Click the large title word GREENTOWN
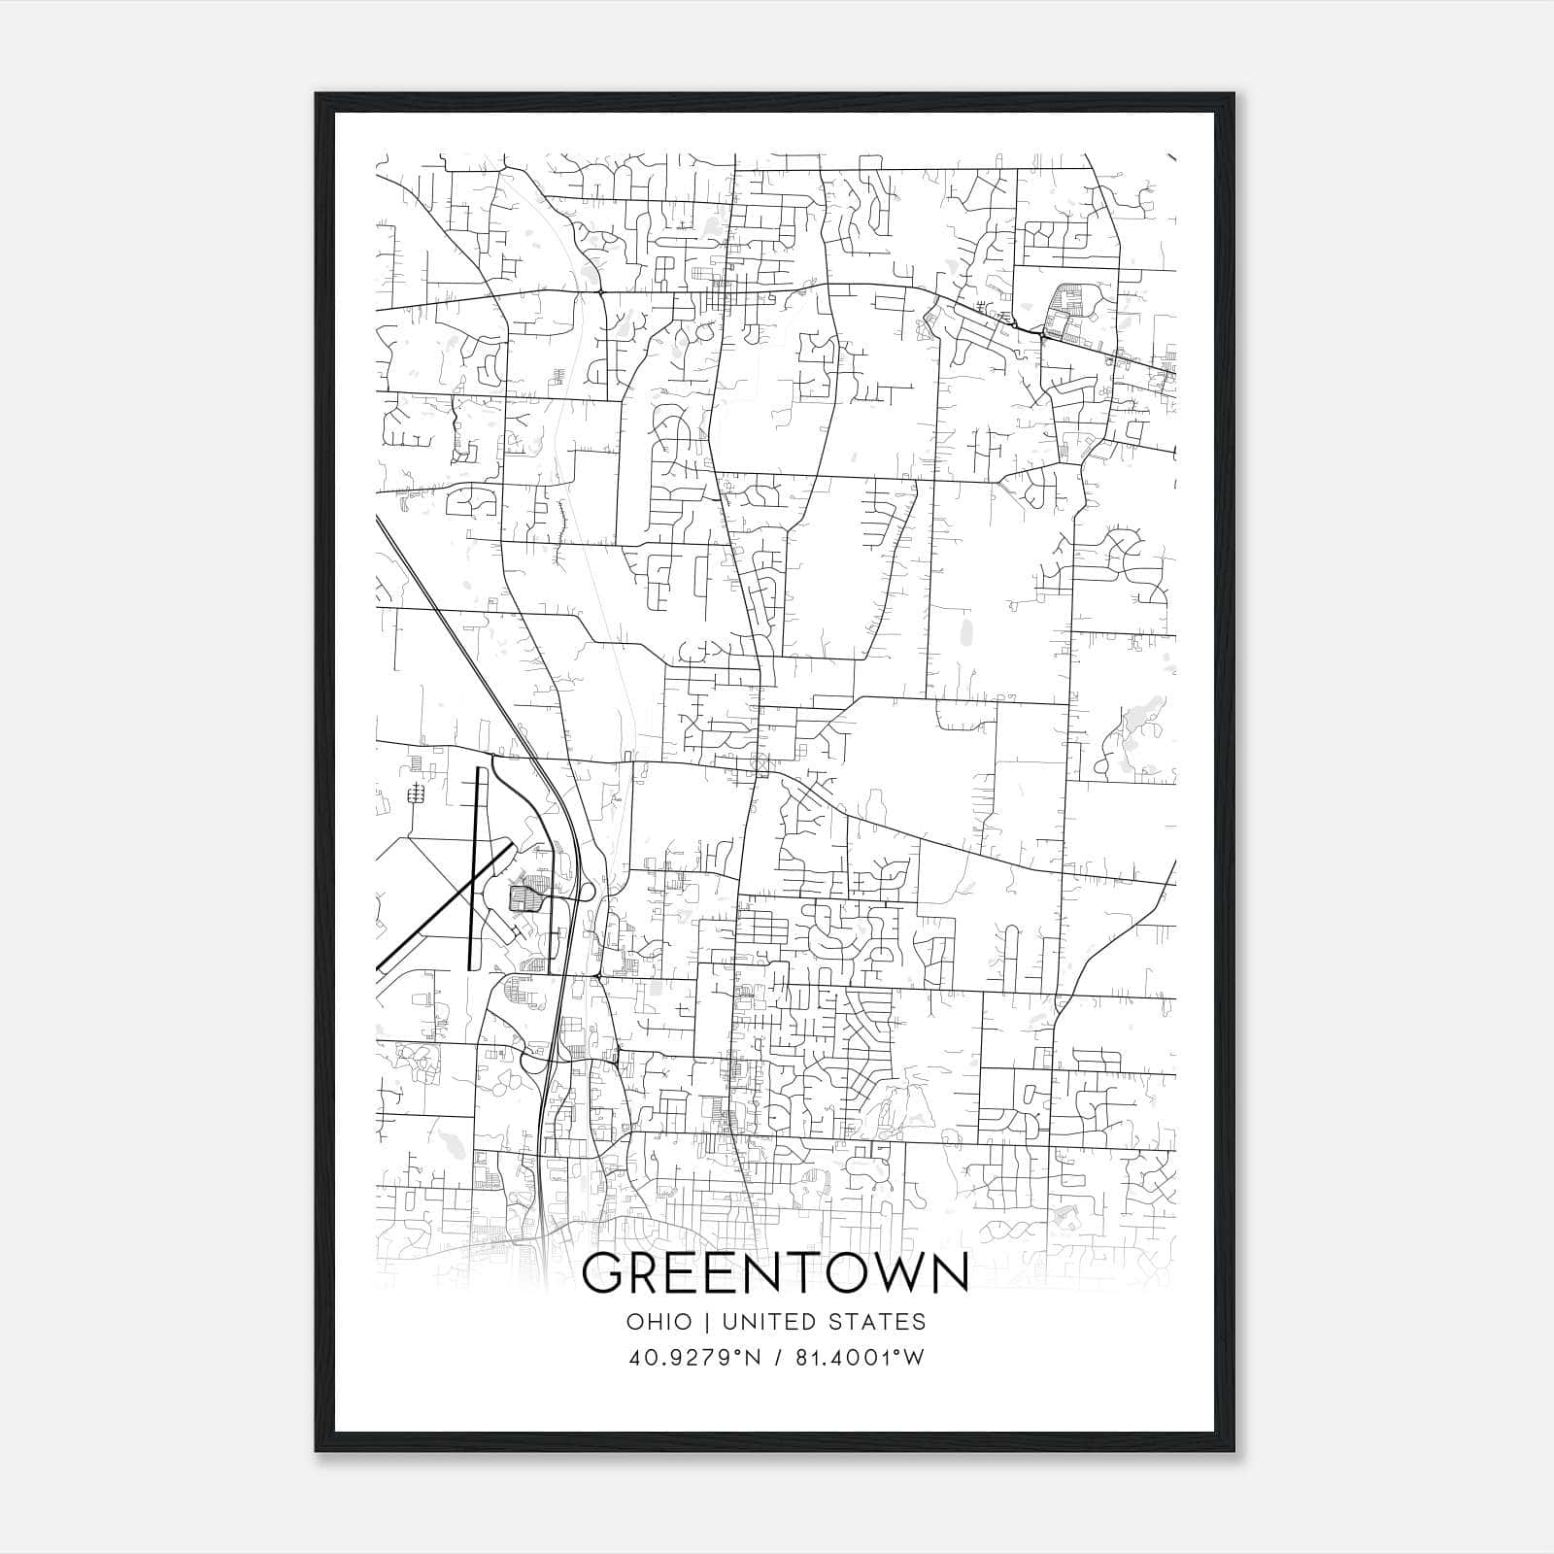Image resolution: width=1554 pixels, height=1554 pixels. coord(775,1273)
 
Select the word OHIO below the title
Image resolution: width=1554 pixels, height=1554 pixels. coord(659,1322)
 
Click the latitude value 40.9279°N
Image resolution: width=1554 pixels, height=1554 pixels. coord(694,1358)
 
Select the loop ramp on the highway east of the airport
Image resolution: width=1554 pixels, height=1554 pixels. coord(590,889)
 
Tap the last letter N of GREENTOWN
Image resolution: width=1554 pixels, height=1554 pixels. coord(951,1273)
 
